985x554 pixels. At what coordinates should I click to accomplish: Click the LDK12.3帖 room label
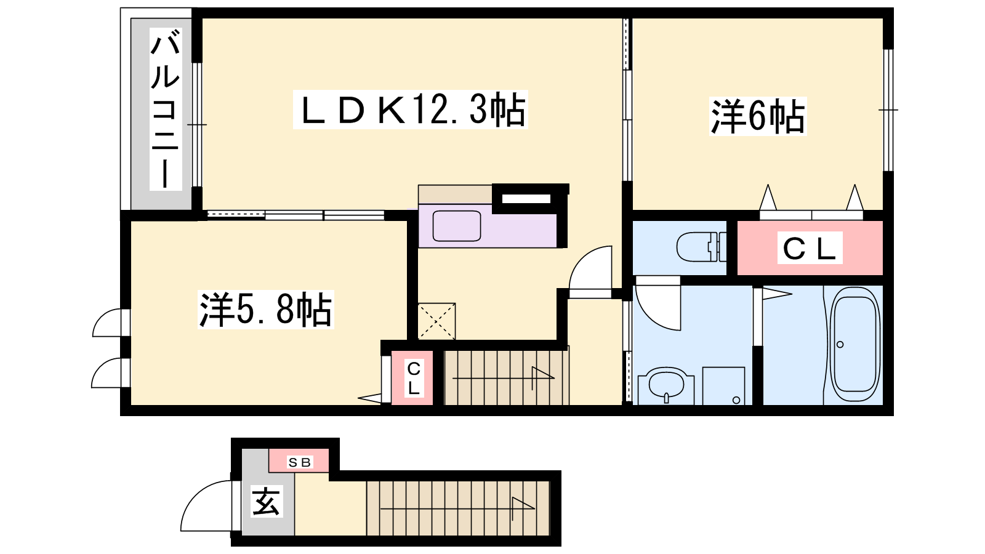coord(411,110)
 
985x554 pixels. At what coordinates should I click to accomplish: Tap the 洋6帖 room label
coord(757,116)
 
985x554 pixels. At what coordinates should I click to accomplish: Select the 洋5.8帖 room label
coord(265,310)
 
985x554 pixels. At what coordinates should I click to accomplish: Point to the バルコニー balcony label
coord(166,108)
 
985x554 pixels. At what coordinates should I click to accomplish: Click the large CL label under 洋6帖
coord(810,248)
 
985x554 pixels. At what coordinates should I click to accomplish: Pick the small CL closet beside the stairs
coord(412,378)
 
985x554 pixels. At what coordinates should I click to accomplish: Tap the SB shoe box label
coord(299,462)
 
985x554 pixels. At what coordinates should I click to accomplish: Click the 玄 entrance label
coord(267,501)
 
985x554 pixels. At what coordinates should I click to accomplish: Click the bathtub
coord(855,345)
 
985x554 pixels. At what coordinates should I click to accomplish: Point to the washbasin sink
coord(665,385)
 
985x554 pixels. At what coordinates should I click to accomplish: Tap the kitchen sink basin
coord(456,226)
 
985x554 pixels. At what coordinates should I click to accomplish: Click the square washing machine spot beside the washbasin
coord(723,386)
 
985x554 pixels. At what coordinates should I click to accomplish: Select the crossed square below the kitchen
coord(436,321)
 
